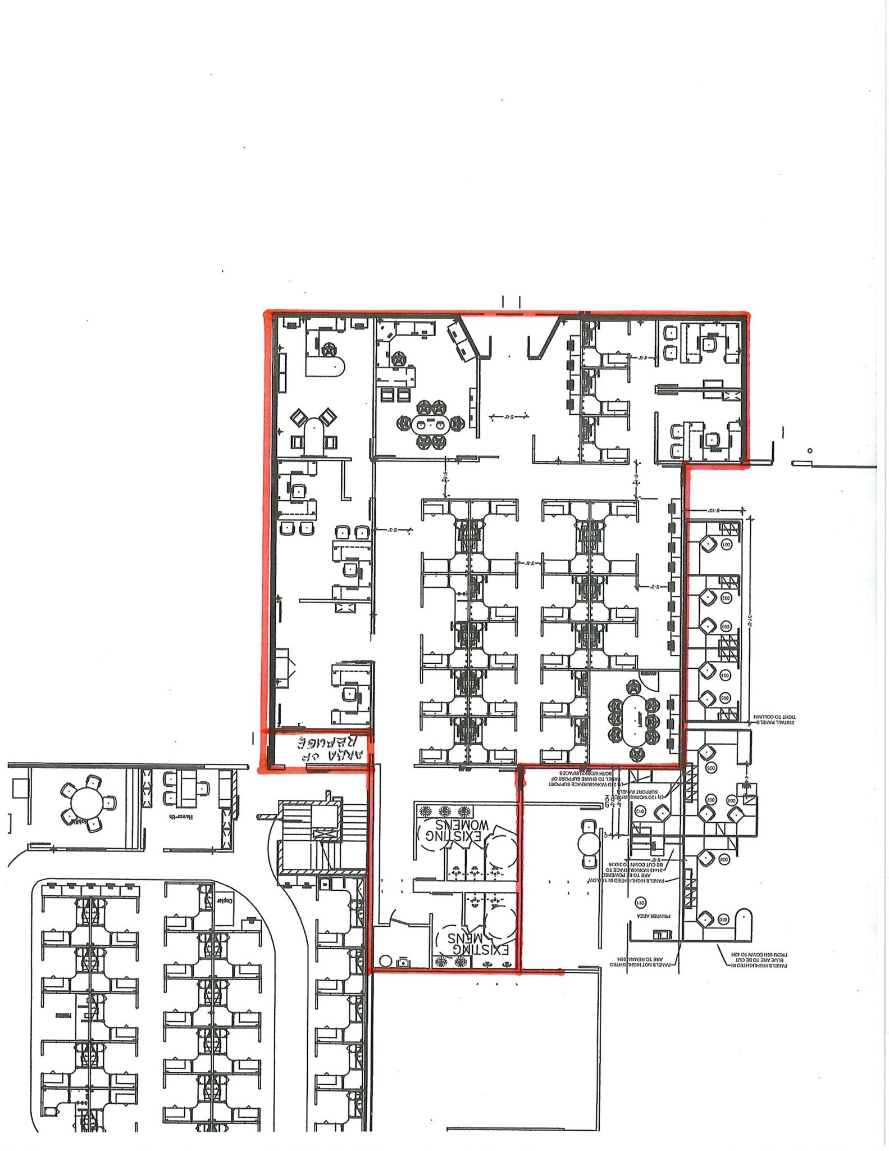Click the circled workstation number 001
coord(725,545)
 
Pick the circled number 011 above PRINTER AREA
coord(640,903)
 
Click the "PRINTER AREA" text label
coord(649,922)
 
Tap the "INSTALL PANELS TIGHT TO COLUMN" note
coord(774,720)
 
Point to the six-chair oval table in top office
coord(430,424)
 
